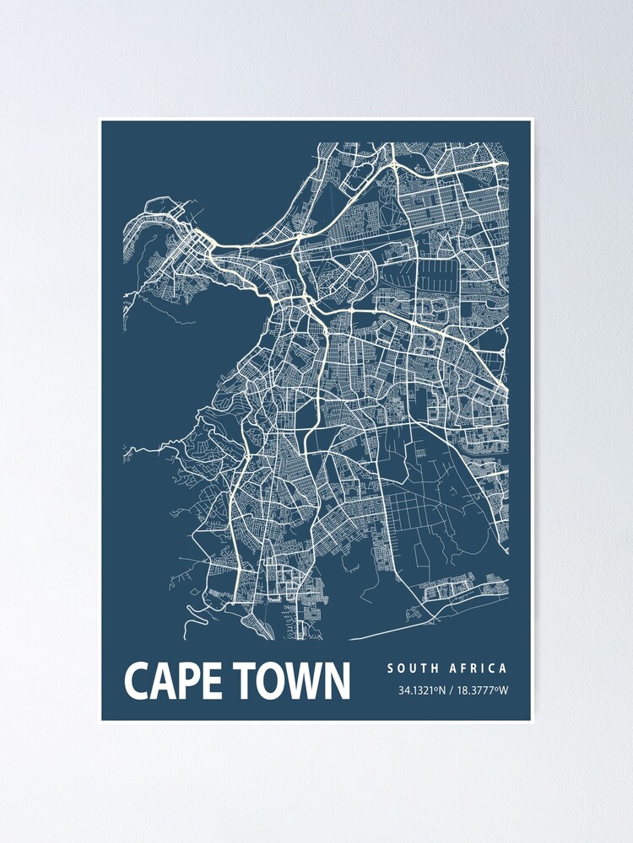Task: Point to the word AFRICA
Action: coord(478,668)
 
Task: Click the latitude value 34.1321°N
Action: coord(426,691)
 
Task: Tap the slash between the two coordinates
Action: coord(453,691)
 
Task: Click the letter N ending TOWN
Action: coord(337,681)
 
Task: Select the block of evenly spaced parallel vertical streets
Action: coord(437,279)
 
